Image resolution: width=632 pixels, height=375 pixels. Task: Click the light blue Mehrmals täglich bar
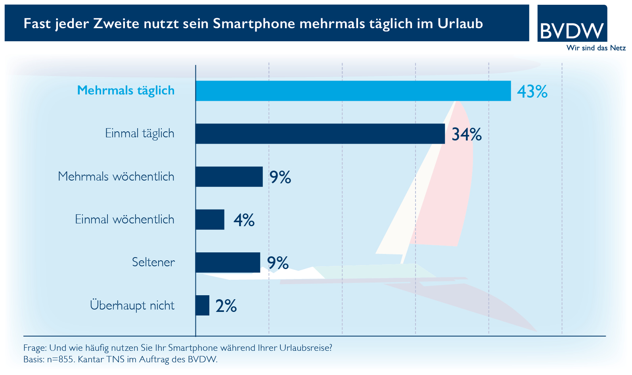[x=353, y=91]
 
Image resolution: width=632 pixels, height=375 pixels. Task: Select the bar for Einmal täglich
[x=320, y=134]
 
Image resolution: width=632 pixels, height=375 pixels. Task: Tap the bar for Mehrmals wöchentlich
[x=229, y=177]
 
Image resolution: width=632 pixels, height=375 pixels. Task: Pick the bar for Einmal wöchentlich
[x=210, y=219]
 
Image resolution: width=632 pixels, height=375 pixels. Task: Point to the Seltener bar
[x=228, y=262]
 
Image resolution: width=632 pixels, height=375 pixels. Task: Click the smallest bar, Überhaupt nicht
[x=202, y=306]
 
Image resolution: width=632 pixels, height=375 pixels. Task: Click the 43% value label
[x=532, y=92]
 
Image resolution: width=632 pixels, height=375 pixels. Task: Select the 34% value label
[x=467, y=135]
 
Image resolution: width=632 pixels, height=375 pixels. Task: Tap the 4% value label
[x=244, y=220]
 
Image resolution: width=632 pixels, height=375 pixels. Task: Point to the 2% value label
[x=226, y=306]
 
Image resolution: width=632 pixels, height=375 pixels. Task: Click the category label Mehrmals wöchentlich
[x=116, y=176]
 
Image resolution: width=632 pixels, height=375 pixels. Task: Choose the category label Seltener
[x=153, y=262]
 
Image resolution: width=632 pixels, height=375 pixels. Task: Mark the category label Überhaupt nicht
[x=132, y=306]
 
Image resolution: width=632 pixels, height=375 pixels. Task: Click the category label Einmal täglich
[x=140, y=133]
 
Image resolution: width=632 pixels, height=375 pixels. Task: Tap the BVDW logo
[x=572, y=25]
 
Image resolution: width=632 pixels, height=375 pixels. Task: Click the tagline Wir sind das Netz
[x=596, y=48]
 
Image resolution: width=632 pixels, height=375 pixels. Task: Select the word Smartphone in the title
[x=254, y=24]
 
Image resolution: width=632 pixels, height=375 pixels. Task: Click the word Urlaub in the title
[x=460, y=23]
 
